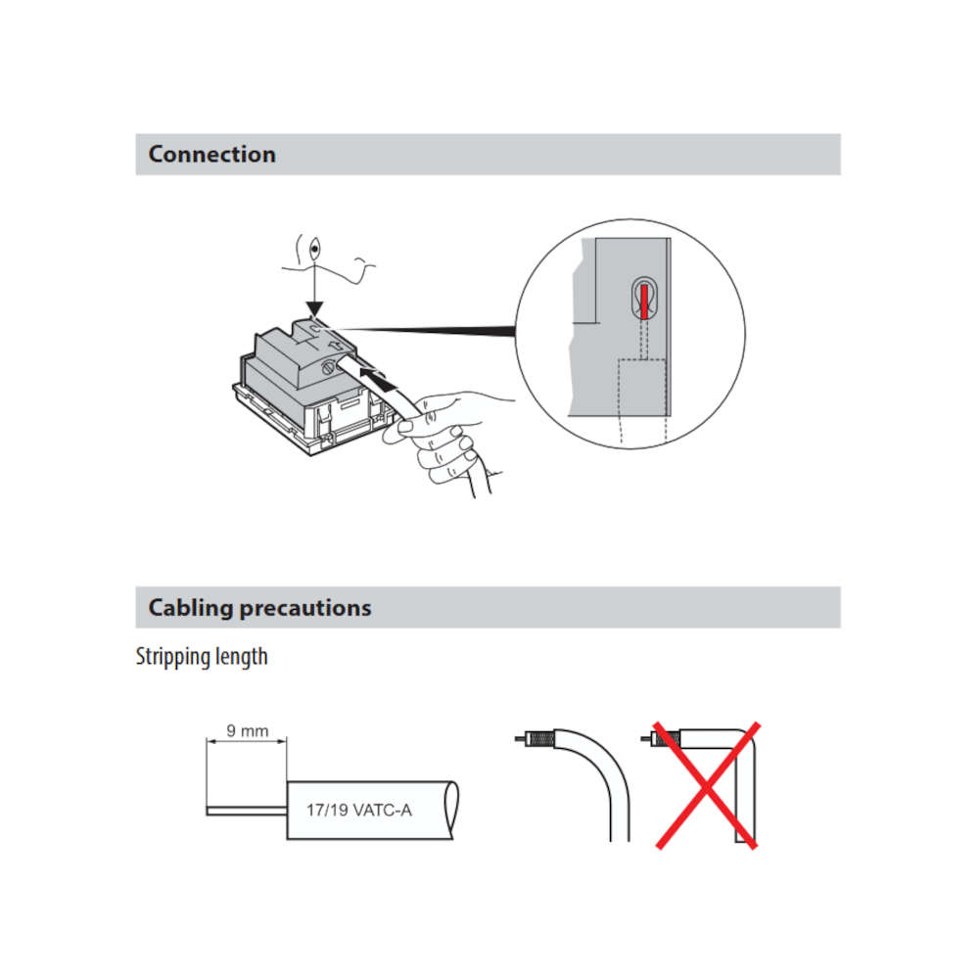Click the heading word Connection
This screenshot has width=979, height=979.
coord(211,155)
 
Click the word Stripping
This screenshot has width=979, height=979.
coord(172,657)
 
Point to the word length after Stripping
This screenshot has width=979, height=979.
coord(241,657)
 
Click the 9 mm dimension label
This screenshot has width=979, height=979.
coord(247,730)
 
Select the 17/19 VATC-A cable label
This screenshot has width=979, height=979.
coord(359,811)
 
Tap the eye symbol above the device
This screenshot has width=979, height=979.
coord(314,249)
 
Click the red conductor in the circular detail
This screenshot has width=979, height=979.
coord(644,302)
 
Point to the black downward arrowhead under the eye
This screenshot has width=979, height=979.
coord(314,308)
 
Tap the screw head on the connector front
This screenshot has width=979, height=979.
coord(327,368)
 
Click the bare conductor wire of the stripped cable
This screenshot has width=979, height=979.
coord(246,811)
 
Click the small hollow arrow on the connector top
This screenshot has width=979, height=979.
coord(336,344)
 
